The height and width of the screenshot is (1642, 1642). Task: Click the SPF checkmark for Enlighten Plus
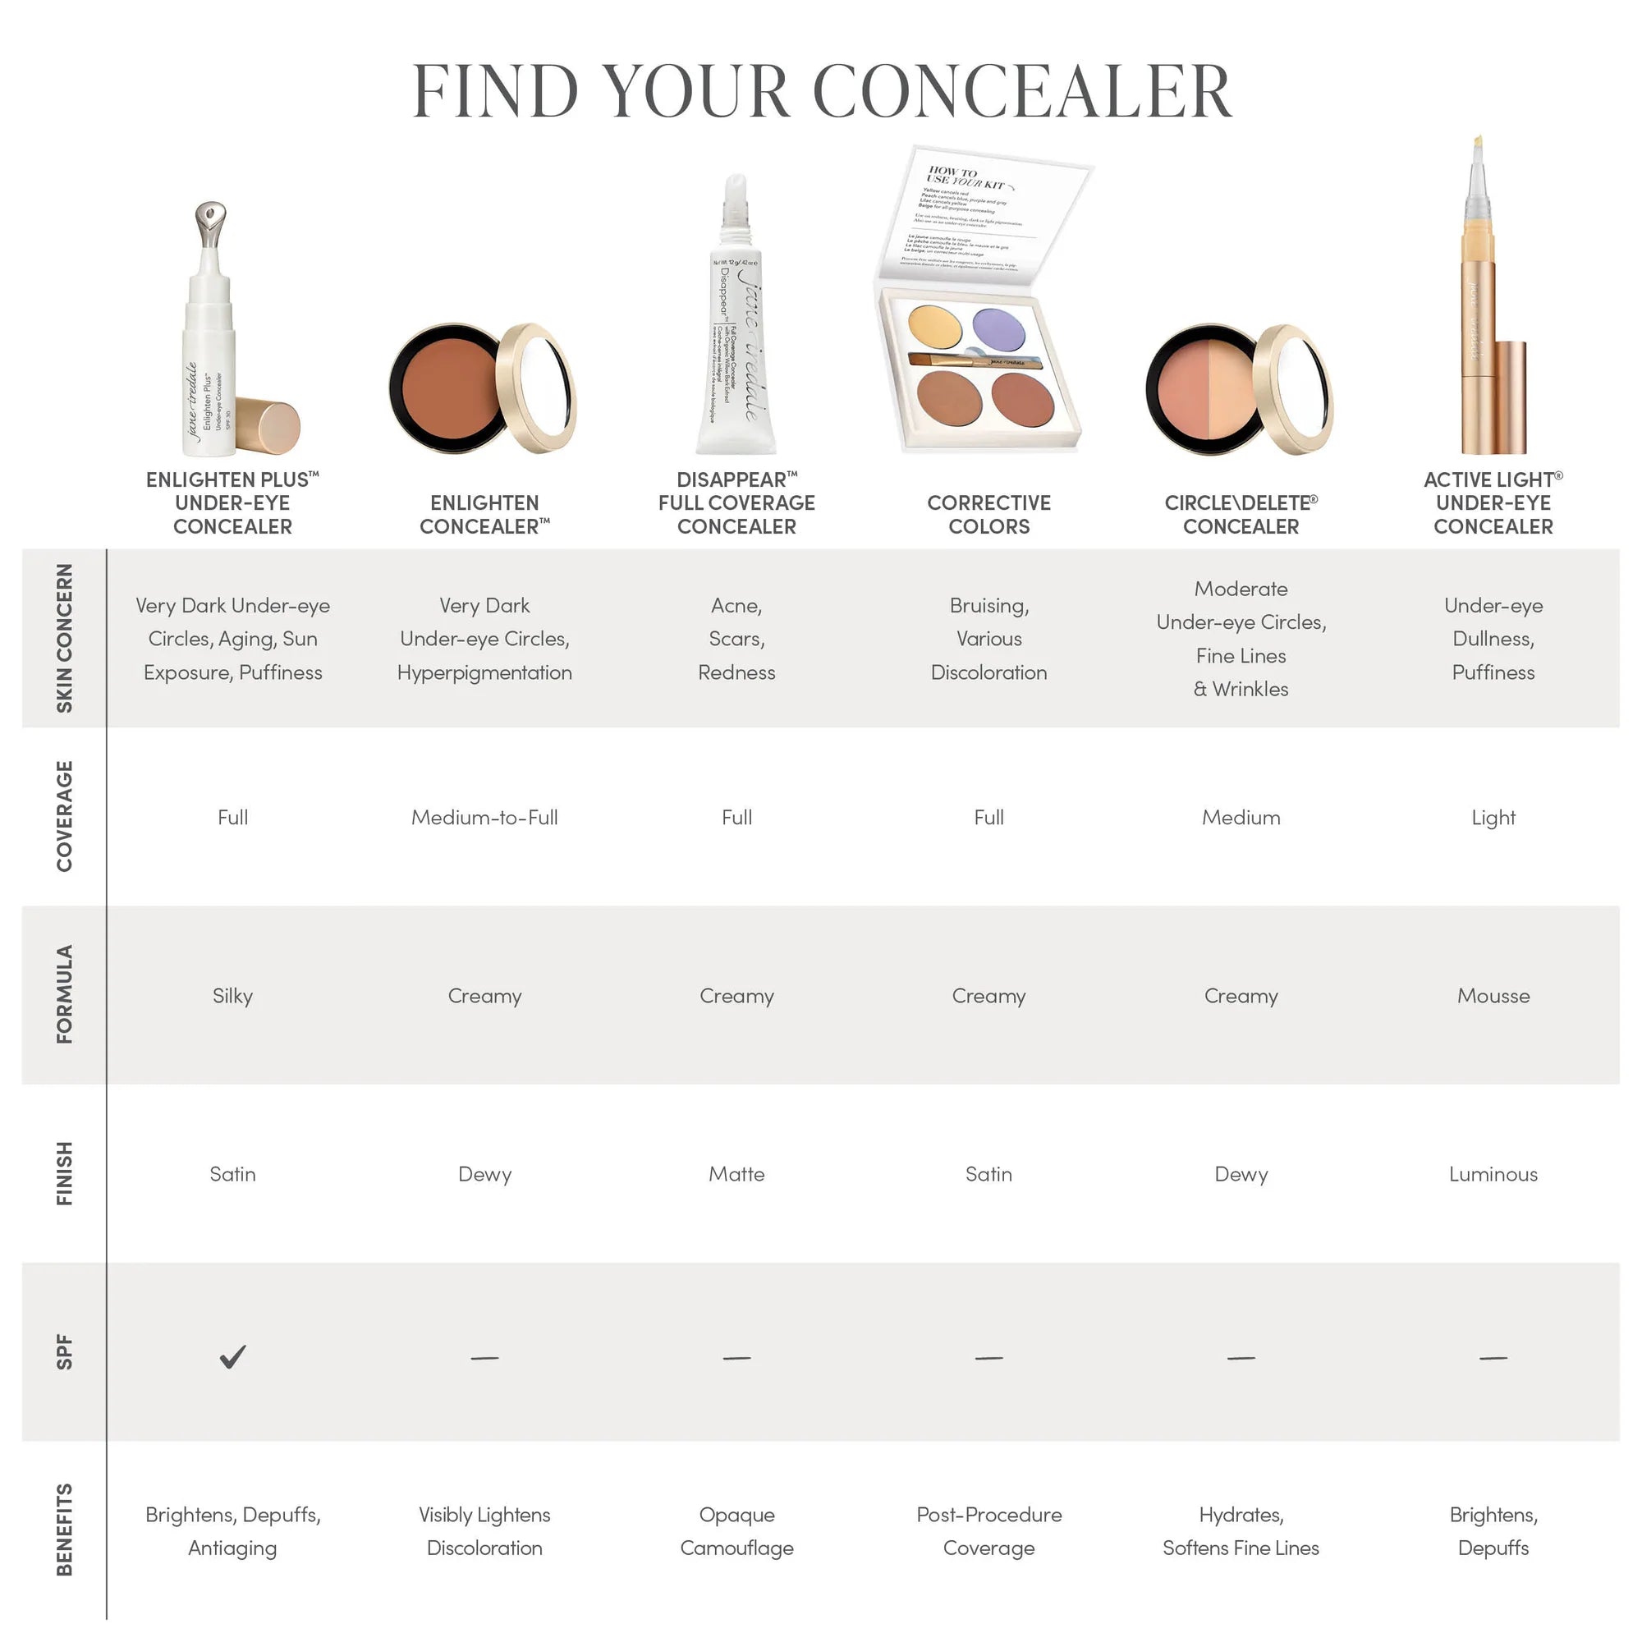coord(232,1356)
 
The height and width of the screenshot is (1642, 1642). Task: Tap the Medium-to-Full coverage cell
coord(484,818)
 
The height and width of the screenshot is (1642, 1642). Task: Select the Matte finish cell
coord(737,1175)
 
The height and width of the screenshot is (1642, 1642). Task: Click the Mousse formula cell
coord(1493,996)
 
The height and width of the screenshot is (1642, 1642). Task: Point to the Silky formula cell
coord(232,996)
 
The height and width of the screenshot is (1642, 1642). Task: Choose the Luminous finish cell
coord(1493,1175)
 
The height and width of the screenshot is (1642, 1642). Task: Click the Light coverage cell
coord(1493,818)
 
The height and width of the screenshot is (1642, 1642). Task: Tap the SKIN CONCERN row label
coord(65,638)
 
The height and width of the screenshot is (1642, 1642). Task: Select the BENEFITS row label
coord(65,1530)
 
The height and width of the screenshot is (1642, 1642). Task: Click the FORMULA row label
coord(65,994)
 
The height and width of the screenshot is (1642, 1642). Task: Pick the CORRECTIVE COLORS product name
coord(988,515)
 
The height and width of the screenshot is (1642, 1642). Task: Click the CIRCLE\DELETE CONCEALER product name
coord(1241,515)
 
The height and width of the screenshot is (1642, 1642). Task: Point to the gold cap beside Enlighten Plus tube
coord(268,428)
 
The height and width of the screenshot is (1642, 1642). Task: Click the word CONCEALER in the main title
coord(1022,92)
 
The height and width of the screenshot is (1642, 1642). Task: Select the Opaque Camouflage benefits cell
coord(737,1530)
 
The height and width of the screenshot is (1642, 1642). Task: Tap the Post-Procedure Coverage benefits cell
coord(988,1530)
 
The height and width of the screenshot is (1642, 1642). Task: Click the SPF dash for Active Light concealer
coord(1493,1358)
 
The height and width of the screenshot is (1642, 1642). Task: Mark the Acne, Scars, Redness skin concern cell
coord(737,638)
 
